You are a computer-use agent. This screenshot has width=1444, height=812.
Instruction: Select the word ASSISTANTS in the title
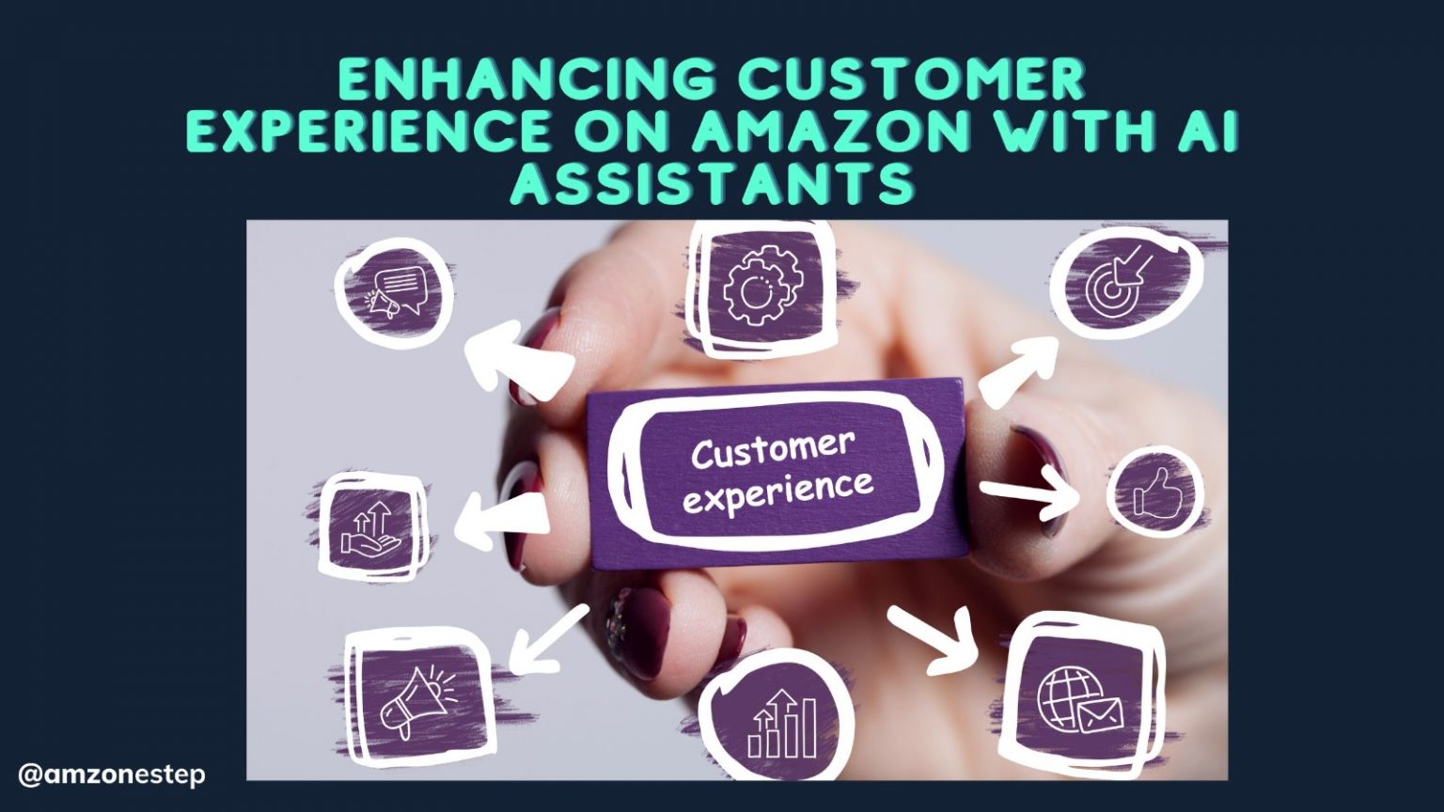712,184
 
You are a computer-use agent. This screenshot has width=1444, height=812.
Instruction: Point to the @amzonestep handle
111,775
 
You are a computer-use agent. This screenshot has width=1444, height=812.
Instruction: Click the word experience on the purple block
778,492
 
